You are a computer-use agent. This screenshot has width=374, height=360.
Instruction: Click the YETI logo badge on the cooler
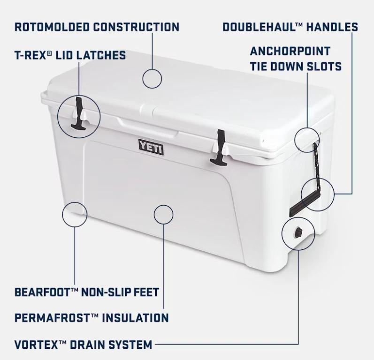point(151,147)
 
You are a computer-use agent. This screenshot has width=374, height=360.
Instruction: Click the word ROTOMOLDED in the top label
point(52,27)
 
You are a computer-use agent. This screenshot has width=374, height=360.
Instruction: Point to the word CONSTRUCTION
point(136,27)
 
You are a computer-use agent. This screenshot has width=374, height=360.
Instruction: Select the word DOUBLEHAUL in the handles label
point(259,27)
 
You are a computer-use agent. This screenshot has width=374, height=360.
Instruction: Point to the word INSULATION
point(135,318)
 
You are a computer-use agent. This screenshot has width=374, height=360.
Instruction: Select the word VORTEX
point(36,345)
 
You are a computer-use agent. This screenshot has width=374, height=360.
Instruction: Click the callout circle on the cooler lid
point(152,78)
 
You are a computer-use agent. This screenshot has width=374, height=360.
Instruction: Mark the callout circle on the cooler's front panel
point(163,214)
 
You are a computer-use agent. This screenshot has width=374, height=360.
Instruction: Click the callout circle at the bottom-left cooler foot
point(75,215)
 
